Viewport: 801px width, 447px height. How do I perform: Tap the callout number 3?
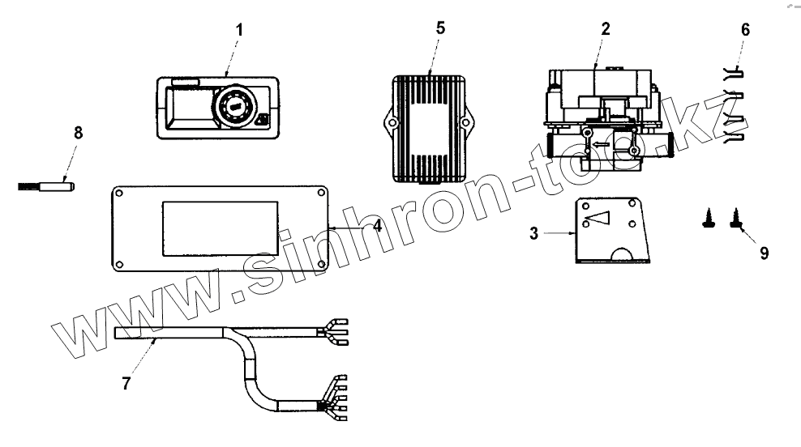tap(533, 233)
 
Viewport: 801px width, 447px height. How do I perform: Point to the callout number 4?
tap(377, 226)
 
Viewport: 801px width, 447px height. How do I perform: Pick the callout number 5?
tap(440, 27)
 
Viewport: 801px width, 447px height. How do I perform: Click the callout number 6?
tap(745, 30)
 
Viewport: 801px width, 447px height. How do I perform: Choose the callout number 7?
tap(126, 383)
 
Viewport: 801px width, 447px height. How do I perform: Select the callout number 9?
tap(764, 253)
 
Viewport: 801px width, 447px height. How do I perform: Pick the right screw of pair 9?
tap(737, 217)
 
